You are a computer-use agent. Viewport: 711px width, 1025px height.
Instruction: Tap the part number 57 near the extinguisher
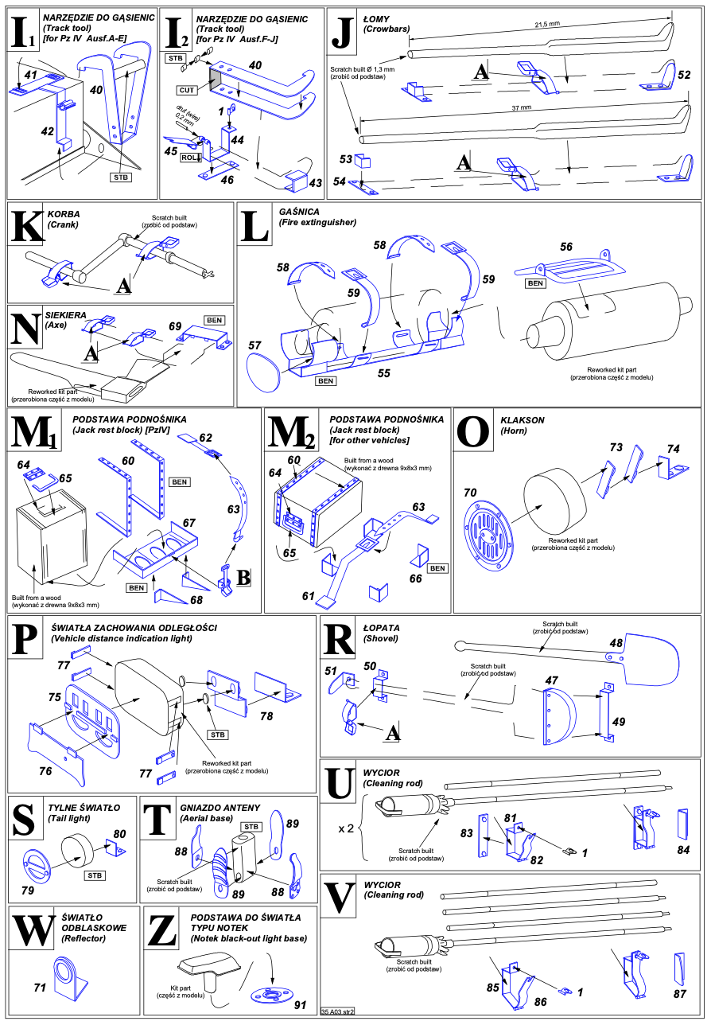coord(254,345)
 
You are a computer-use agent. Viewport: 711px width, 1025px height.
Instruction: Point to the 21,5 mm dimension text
coord(549,25)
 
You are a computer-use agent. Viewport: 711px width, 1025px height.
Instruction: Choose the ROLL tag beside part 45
coord(191,157)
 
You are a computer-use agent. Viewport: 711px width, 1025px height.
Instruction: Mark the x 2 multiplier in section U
coord(346,828)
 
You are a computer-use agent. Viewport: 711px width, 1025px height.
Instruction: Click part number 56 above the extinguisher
coord(566,247)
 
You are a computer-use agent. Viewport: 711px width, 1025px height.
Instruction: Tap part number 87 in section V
coord(679,994)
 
